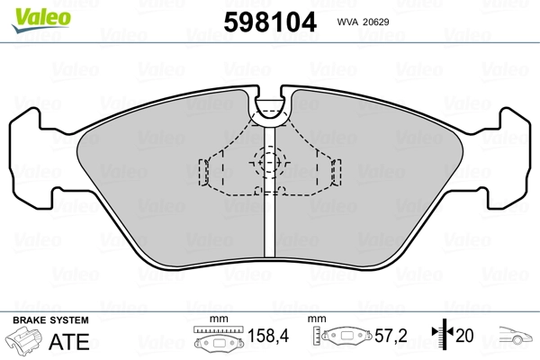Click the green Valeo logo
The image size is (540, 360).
(41, 20)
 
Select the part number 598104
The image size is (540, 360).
(270, 22)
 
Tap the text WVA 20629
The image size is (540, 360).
(363, 22)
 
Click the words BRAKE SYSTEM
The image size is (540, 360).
(50, 320)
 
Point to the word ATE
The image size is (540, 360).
(69, 341)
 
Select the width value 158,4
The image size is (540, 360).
(268, 336)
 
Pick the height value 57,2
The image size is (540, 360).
(391, 336)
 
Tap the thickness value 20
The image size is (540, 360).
(464, 336)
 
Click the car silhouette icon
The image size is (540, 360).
(516, 335)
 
